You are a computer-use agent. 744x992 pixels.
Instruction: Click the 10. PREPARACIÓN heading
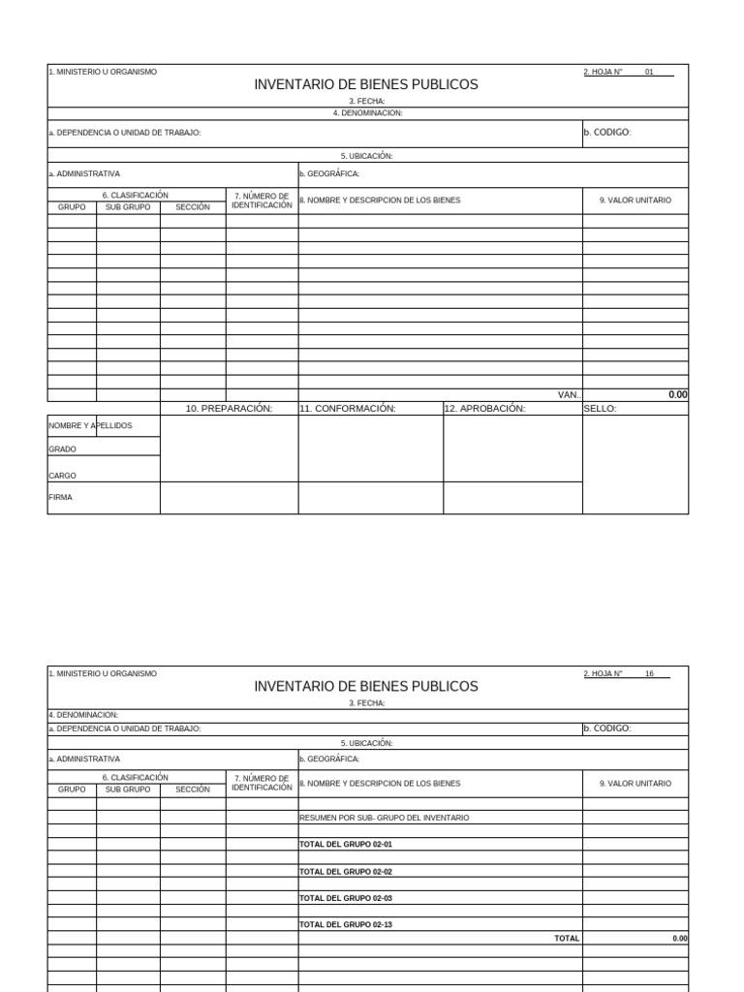click(229, 409)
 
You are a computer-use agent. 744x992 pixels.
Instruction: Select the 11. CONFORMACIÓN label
click(348, 409)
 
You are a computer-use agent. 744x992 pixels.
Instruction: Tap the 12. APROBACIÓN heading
click(484, 409)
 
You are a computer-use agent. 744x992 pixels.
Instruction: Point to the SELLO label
click(601, 409)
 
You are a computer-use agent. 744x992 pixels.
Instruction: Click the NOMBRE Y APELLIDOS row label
click(90, 425)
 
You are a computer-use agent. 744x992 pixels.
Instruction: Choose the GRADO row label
click(63, 449)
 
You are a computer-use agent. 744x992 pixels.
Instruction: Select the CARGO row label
click(63, 476)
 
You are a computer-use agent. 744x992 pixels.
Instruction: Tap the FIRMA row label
click(61, 497)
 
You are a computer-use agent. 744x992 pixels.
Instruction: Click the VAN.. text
click(570, 395)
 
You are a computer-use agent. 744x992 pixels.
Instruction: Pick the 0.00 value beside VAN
click(677, 395)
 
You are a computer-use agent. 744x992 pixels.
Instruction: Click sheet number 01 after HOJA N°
click(649, 72)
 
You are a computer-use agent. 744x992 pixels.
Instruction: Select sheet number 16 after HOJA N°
click(649, 673)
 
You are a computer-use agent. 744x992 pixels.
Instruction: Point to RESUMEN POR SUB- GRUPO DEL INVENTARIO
click(385, 818)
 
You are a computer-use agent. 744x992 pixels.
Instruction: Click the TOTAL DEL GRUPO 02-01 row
click(346, 845)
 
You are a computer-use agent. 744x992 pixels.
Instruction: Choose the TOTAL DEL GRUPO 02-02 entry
click(346, 872)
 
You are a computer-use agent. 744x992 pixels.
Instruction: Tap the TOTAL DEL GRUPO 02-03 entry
click(346, 898)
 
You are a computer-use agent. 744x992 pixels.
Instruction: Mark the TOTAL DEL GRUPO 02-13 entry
click(346, 925)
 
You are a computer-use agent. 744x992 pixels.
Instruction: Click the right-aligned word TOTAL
click(567, 939)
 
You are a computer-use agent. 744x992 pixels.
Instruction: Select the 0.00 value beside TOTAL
click(680, 939)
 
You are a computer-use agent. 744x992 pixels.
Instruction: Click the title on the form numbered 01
click(366, 85)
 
